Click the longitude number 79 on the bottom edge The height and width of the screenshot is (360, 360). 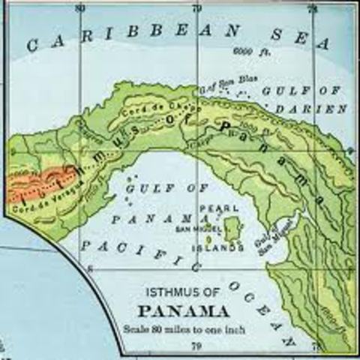[x=196, y=346]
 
